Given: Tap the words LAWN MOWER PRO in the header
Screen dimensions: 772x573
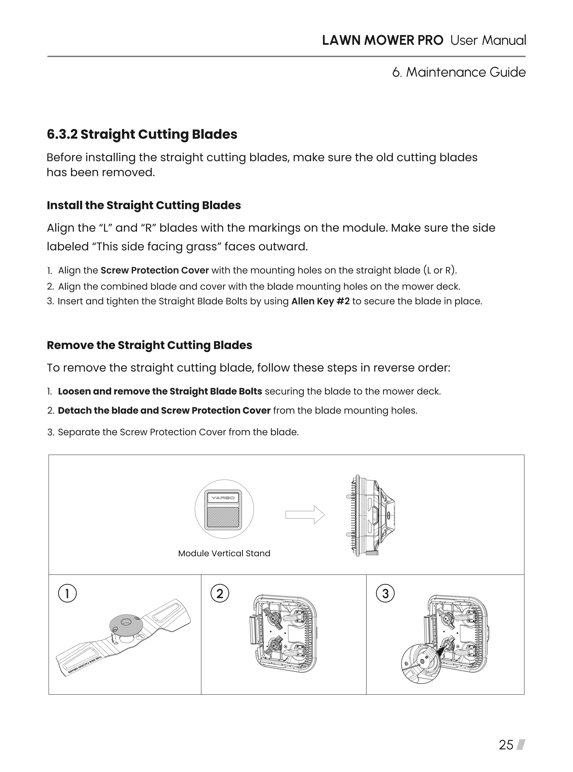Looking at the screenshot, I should [x=382, y=41].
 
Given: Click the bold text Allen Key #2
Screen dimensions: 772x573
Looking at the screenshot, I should [x=320, y=301].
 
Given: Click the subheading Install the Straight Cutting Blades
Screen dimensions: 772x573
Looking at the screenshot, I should [x=144, y=205].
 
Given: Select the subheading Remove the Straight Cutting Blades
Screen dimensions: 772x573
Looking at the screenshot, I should [x=149, y=345].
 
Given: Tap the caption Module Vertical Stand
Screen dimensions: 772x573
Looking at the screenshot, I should [x=224, y=553].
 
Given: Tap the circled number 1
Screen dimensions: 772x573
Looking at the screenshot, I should [x=67, y=594].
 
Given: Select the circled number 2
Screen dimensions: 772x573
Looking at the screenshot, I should [x=220, y=594].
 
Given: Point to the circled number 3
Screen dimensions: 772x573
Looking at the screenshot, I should [x=385, y=594].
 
